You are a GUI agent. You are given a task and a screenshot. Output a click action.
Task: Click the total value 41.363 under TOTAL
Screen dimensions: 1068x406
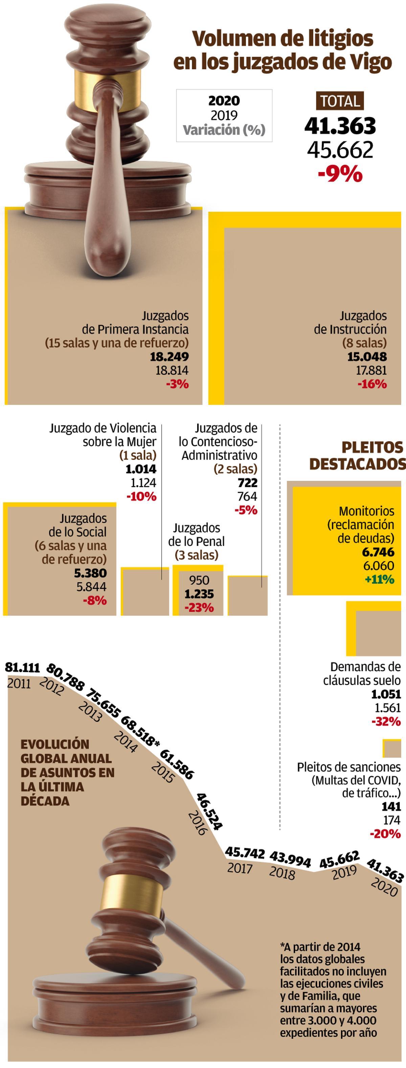(x=340, y=126)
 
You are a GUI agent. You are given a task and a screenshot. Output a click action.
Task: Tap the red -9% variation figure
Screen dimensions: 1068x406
(x=340, y=174)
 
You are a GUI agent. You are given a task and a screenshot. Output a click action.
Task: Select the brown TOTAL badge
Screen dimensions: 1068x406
(x=340, y=101)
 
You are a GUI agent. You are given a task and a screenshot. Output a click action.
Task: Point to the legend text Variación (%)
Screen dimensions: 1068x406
(x=224, y=130)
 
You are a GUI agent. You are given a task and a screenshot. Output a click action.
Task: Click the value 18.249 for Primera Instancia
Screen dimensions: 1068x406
(x=169, y=357)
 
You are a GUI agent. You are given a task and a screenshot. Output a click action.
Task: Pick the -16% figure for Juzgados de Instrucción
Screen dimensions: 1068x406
(x=372, y=384)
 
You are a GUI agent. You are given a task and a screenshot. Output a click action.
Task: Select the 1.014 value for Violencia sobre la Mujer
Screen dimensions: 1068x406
(x=141, y=469)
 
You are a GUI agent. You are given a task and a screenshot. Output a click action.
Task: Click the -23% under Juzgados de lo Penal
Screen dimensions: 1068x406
(x=199, y=608)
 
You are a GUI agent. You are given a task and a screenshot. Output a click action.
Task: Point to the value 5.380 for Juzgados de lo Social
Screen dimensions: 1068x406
(x=90, y=573)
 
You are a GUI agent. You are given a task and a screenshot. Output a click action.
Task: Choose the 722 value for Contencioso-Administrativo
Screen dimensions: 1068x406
(x=247, y=483)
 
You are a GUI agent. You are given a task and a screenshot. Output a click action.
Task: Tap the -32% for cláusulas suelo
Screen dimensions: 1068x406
(x=386, y=721)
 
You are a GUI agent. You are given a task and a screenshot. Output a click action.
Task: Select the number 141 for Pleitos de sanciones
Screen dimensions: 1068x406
(x=391, y=806)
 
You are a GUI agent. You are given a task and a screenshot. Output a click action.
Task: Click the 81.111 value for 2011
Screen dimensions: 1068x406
(x=22, y=667)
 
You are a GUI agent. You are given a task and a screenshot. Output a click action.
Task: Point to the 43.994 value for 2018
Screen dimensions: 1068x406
(x=290, y=859)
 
